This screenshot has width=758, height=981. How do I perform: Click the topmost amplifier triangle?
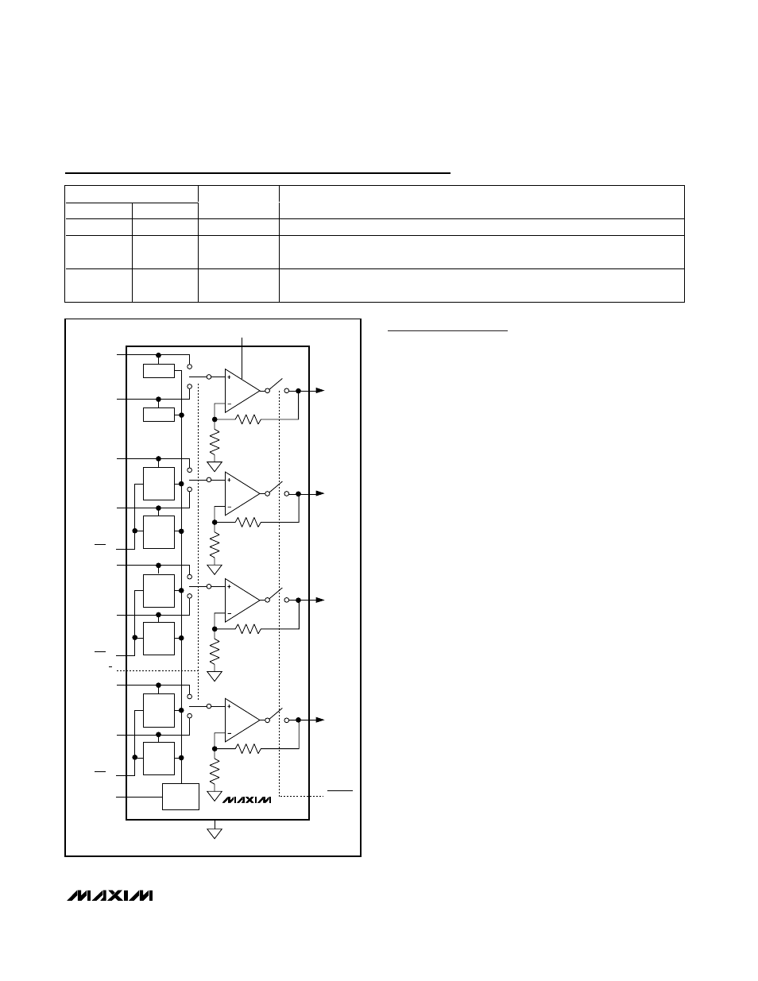coord(241,390)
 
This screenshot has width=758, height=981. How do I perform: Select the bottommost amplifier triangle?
coord(241,720)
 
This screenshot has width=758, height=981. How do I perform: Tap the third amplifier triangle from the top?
coord(241,601)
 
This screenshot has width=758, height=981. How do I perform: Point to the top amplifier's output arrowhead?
coord(319,391)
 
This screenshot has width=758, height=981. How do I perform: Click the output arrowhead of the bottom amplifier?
coord(319,720)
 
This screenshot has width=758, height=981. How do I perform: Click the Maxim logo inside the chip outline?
coord(247,800)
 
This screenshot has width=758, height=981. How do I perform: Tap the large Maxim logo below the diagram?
coord(110,896)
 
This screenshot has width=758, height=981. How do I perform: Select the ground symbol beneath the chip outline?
coord(214,832)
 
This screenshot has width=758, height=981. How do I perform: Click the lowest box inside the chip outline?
coord(180,797)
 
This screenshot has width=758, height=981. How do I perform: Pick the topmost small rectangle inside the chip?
coord(159,371)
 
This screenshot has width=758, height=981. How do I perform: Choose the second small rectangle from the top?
coord(159,415)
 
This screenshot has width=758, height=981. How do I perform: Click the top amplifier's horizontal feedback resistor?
coord(249,419)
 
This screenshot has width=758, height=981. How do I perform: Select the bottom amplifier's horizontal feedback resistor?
coord(249,748)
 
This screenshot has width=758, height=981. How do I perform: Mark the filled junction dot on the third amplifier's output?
coord(298,601)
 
